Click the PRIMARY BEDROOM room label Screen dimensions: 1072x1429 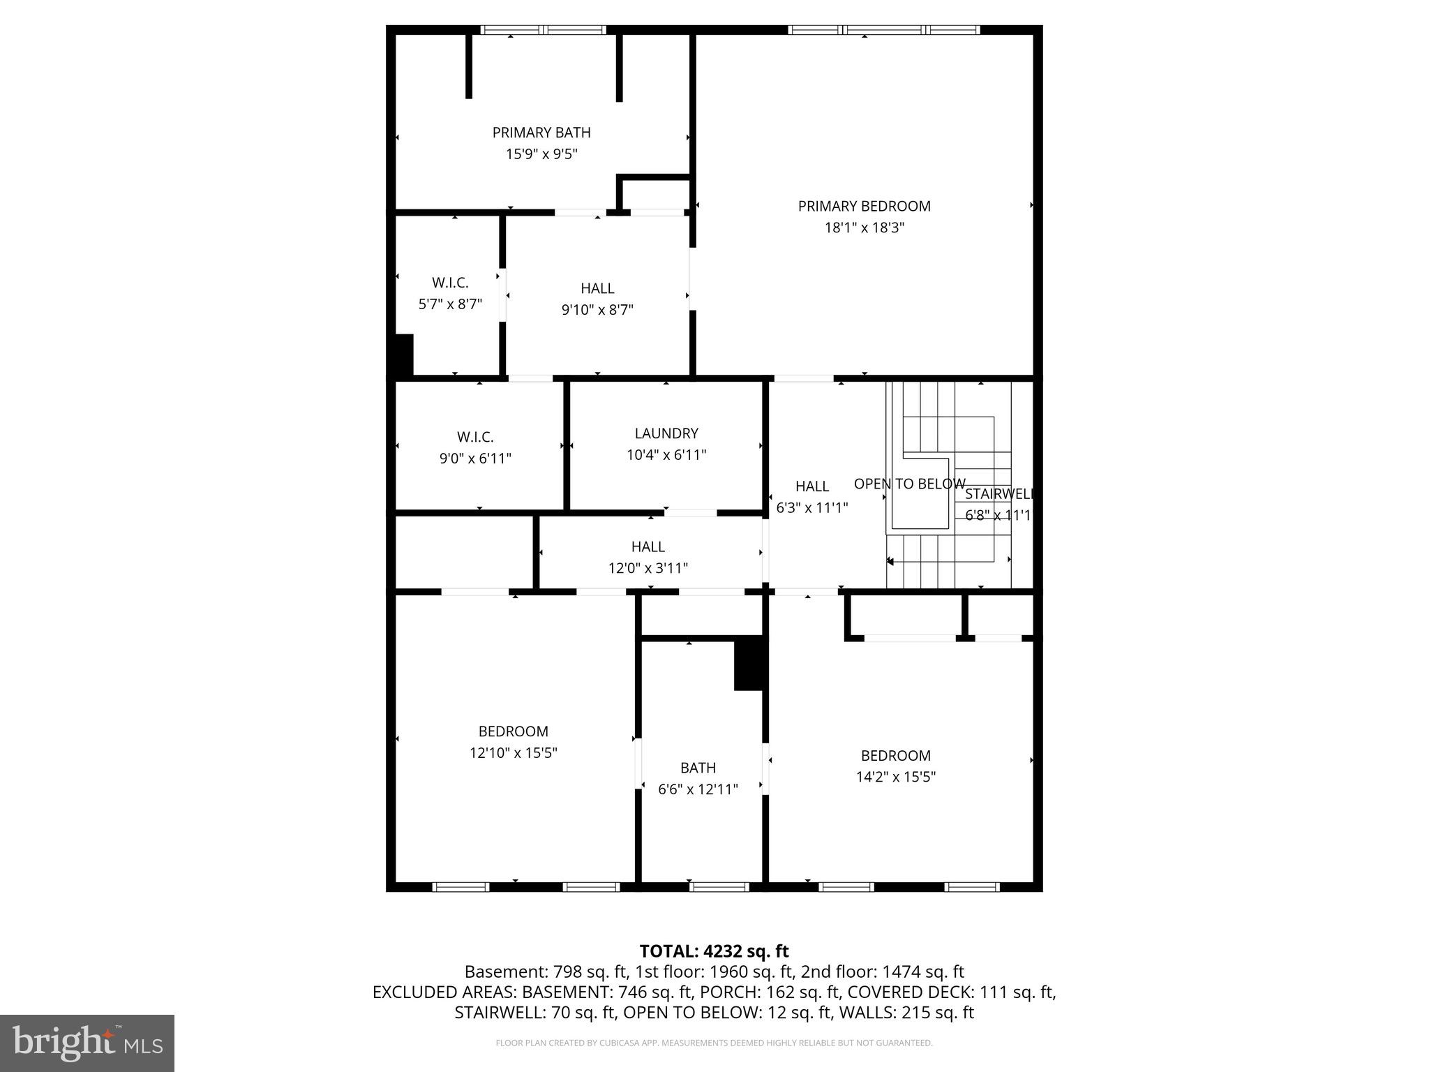pos(864,206)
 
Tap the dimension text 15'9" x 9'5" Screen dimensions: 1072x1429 pos(541,154)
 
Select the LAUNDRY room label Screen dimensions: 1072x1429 pos(666,433)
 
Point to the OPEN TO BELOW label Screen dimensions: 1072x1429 pos(909,484)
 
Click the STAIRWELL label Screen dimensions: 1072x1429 pos(998,494)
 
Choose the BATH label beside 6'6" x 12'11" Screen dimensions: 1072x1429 pos(698,768)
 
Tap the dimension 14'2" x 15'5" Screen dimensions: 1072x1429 pos(896,777)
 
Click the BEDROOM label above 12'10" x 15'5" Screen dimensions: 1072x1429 pos(513,731)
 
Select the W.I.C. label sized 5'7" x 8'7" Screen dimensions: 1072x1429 pos(450,283)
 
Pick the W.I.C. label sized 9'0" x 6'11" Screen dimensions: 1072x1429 pos(475,437)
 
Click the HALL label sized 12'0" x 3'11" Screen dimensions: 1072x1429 pos(648,546)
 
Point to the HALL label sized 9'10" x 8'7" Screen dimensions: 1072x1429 pos(597,288)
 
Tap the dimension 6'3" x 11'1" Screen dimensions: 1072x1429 pos(812,508)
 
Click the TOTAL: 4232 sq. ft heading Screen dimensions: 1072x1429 pos(714,951)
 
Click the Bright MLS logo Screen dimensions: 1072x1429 pos(87,1043)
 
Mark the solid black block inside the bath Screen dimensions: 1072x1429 pos(749,664)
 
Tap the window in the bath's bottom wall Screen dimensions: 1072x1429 pos(719,887)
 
